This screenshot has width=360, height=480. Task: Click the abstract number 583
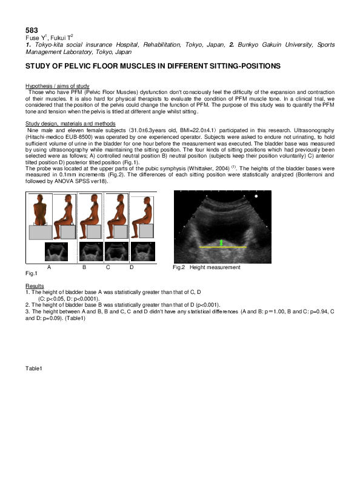[32, 30]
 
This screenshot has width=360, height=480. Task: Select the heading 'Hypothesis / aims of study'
[58, 87]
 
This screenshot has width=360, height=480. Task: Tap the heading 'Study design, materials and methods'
[70, 124]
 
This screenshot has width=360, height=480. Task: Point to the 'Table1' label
[34, 368]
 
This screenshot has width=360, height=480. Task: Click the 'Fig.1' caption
[31, 275]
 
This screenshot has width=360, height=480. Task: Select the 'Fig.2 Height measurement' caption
[206, 267]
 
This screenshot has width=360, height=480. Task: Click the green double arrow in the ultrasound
[222, 242]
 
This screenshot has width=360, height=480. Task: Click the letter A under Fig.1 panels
[48, 267]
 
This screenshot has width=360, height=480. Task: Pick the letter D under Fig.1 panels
[131, 267]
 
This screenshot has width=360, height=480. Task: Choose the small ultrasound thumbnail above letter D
[143, 250]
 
